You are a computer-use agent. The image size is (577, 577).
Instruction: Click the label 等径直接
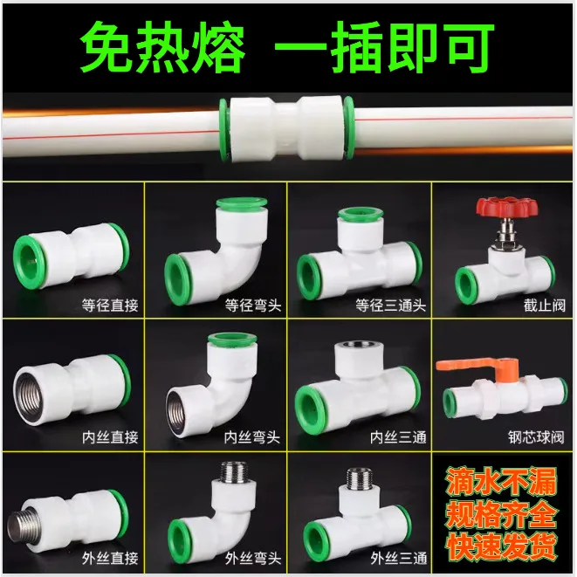coord(110,306)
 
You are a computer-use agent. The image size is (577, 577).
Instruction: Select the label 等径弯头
coord(253,306)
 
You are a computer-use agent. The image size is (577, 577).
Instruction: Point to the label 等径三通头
coord(390,306)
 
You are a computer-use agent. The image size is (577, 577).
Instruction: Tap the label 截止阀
coord(544,306)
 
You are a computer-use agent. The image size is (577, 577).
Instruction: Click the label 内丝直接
coord(110,437)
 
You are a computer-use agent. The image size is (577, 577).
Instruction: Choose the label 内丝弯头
coord(252,437)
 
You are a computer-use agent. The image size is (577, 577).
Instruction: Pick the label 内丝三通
coord(398,437)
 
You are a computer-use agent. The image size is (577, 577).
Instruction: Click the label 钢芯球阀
coord(536,437)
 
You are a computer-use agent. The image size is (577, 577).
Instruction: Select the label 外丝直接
coord(110,559)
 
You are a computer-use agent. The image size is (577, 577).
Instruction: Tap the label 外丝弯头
coord(253,559)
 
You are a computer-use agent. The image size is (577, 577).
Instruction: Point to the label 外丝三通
coord(399,559)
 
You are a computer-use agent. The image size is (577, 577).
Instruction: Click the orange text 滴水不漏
coord(501,482)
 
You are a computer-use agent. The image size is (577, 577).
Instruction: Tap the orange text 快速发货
coord(501,546)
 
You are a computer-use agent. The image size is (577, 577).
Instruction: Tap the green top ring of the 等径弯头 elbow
coord(242,203)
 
